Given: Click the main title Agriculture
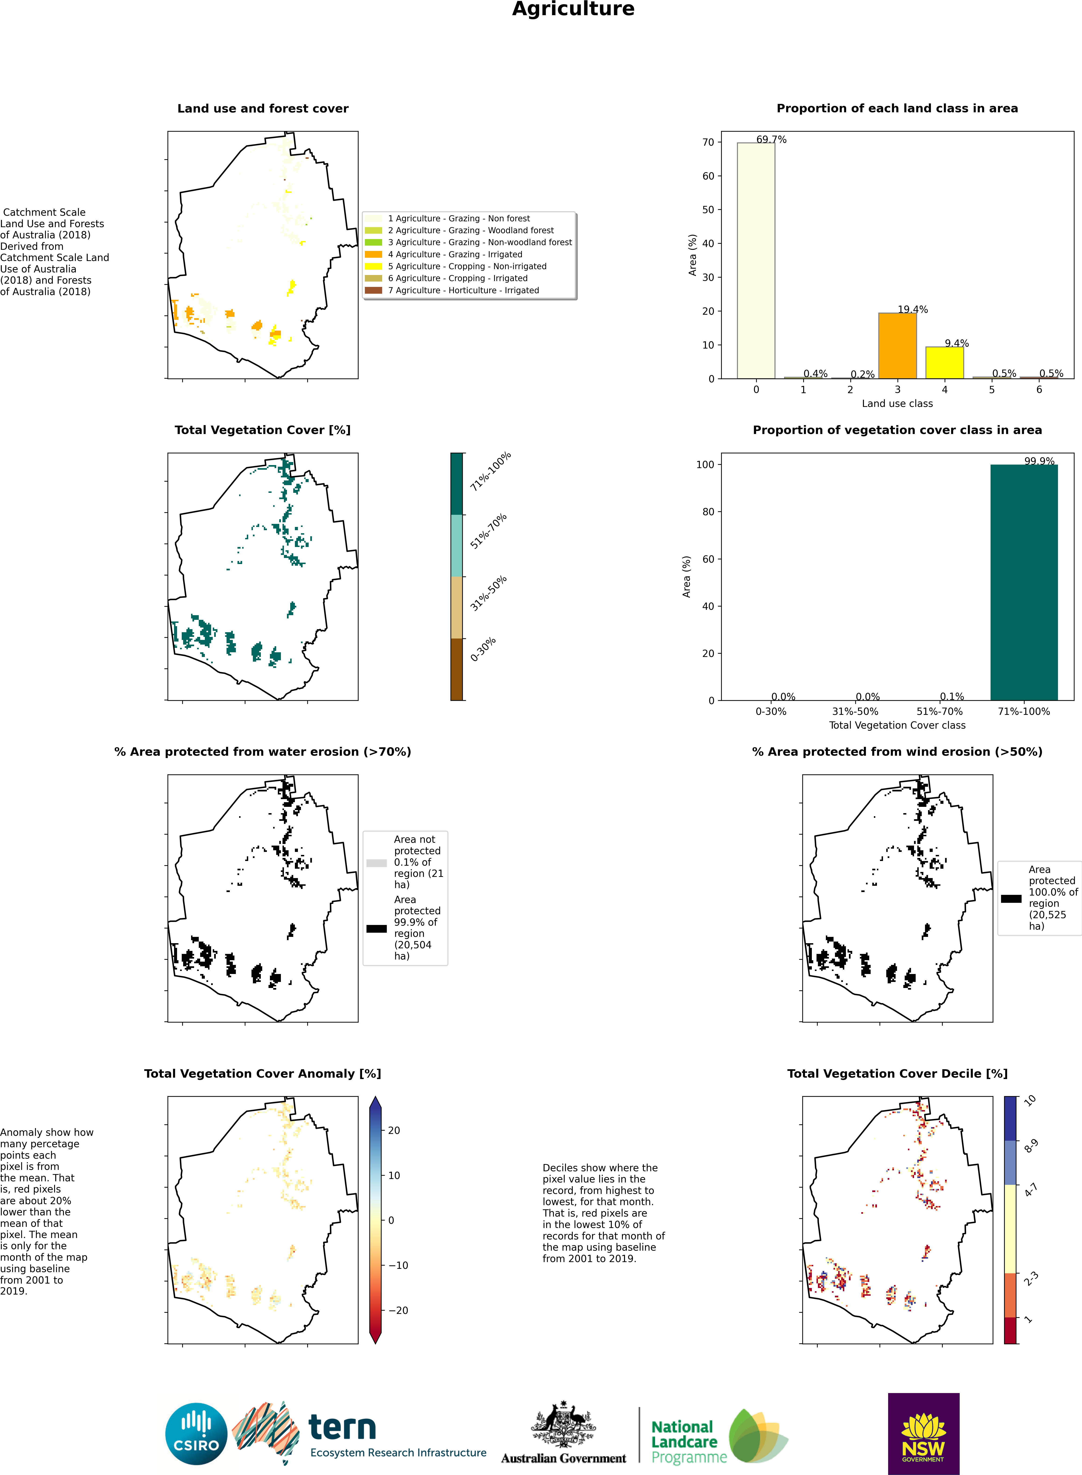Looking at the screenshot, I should (573, 9).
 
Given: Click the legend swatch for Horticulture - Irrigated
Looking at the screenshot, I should (373, 290).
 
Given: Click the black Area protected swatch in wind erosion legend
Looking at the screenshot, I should (1011, 898).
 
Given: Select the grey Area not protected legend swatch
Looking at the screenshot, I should (377, 863).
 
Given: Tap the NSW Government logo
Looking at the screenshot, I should (924, 1434).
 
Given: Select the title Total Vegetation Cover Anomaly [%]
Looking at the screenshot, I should (263, 1073).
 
